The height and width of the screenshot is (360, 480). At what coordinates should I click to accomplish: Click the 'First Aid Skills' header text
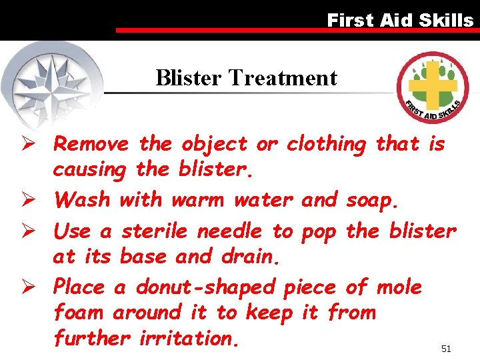[x=400, y=20]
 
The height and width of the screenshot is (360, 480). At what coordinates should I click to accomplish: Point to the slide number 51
[x=446, y=349]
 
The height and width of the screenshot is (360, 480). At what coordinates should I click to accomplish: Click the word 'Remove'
[x=91, y=144]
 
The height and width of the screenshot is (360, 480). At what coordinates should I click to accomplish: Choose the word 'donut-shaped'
[x=205, y=288]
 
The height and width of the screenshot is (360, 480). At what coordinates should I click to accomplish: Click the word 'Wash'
[x=83, y=199]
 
